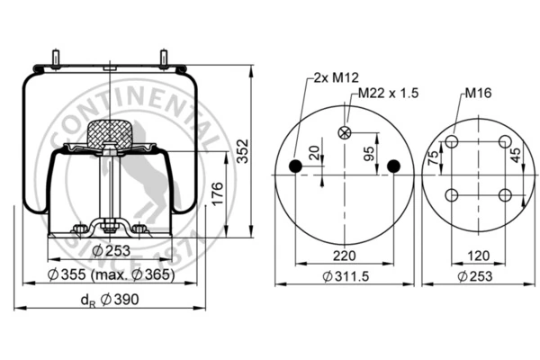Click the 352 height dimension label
point(242,151)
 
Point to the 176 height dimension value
point(217,194)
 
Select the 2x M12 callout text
point(336,77)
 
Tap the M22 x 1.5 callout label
point(388,93)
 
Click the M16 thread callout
point(478,93)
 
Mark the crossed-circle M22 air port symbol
point(345,132)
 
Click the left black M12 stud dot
point(295,166)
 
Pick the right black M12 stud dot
point(393,166)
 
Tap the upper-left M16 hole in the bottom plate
point(452,141)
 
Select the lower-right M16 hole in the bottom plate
point(505,195)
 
